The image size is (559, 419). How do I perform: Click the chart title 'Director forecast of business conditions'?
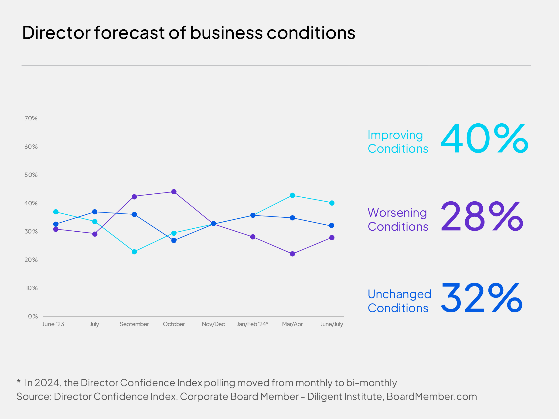point(188,33)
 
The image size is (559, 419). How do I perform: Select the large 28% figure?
point(482,216)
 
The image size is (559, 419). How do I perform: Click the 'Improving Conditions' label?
point(398,142)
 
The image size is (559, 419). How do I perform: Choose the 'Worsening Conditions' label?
point(398,220)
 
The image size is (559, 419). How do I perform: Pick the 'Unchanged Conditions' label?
point(399,301)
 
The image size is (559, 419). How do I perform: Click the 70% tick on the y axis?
point(31,118)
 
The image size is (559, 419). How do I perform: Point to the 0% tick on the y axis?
point(33,316)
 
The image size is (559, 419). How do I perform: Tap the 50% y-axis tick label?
point(31,175)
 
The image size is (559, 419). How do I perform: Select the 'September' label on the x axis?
point(134,324)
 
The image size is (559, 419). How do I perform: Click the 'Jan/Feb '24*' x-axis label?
point(252,324)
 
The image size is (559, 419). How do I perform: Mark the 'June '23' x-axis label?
point(53,324)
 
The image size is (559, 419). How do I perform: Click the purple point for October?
point(174,192)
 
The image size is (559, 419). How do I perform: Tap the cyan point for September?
point(134,252)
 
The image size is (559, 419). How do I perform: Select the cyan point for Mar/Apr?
point(292,195)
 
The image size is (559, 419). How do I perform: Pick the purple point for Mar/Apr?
point(292,254)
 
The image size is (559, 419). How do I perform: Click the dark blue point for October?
point(174,240)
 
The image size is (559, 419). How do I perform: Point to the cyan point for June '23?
point(56,212)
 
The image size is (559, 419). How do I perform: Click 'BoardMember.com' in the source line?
point(432,396)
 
